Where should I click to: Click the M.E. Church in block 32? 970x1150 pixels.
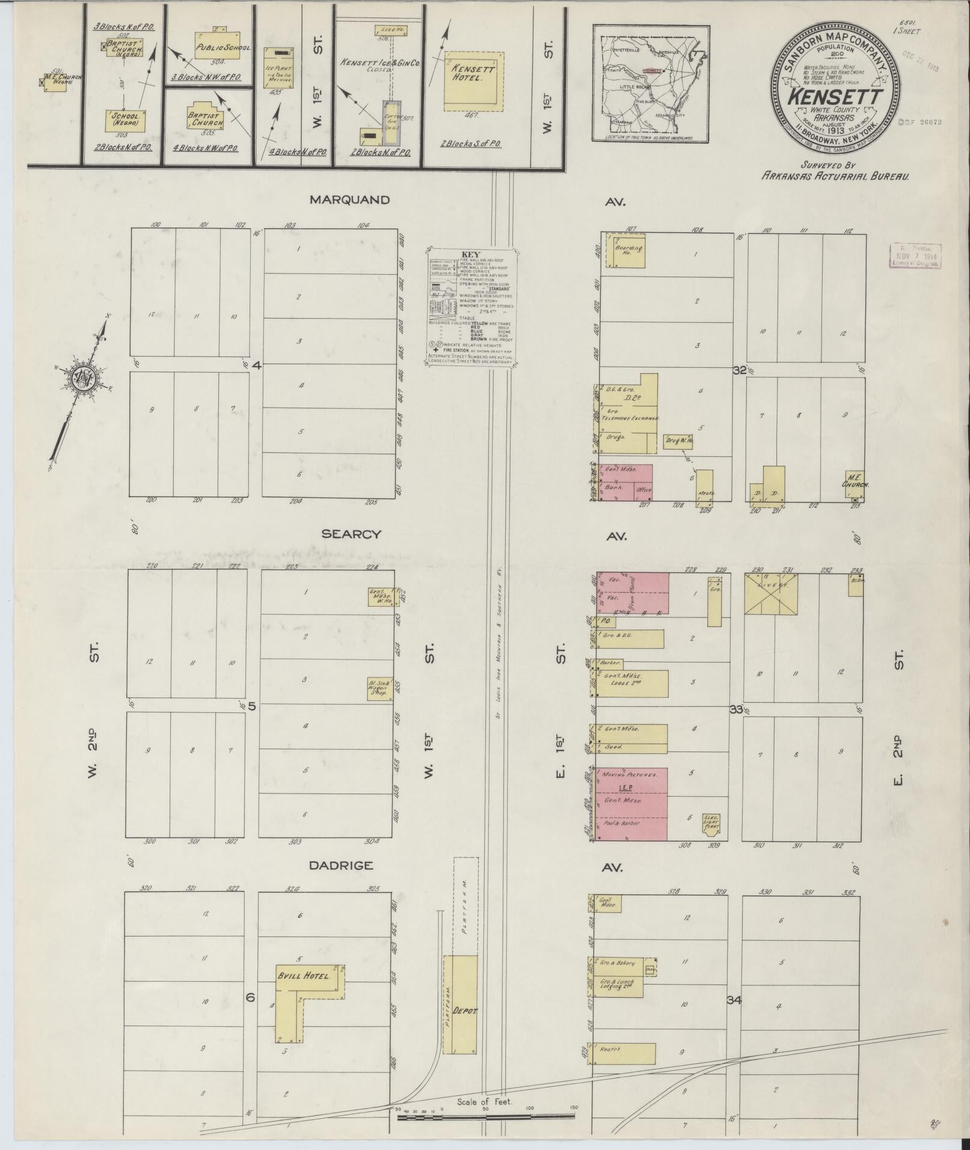point(855,486)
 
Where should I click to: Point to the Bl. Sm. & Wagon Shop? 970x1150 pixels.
point(379,689)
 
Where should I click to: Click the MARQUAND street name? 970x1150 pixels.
point(349,200)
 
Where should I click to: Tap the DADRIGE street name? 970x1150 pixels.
point(341,866)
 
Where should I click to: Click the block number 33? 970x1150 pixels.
point(736,709)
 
